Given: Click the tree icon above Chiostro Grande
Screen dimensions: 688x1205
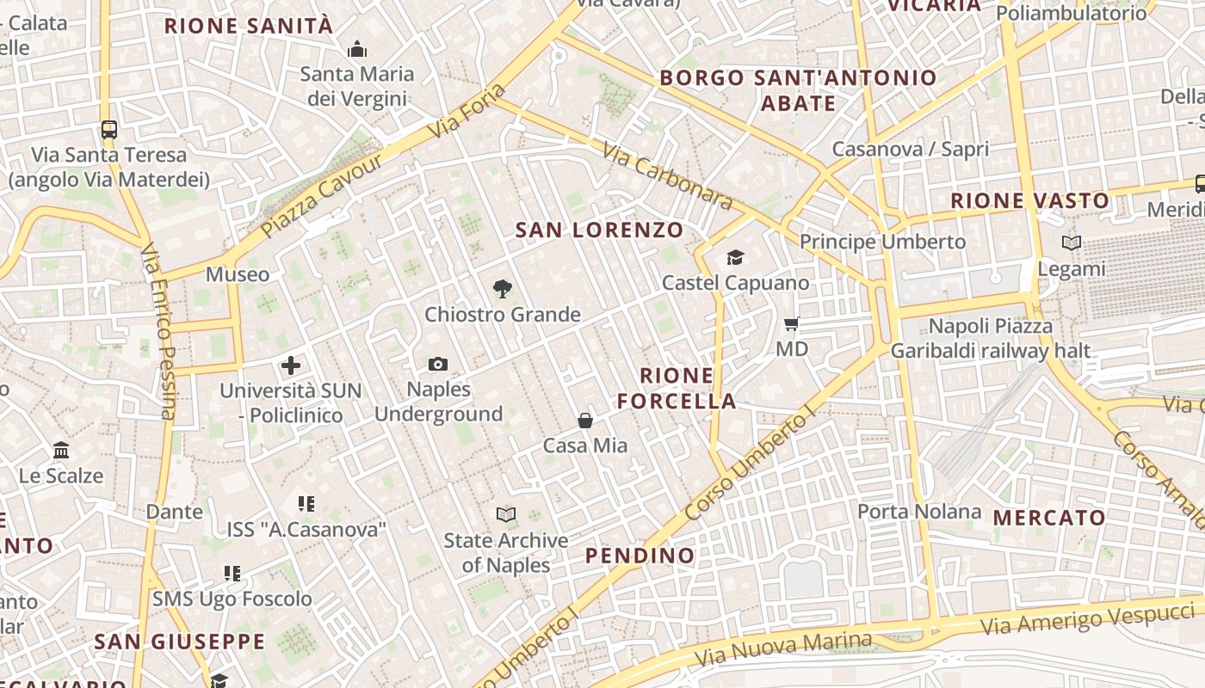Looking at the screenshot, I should pos(503,288).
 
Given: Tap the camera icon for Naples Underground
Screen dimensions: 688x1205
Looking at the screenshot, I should pos(438,364).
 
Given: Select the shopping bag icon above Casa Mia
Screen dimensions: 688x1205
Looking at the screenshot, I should pos(585,421).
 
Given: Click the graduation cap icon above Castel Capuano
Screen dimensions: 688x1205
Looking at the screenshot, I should pos(735,257).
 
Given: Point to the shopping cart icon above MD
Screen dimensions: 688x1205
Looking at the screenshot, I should pos(792,324).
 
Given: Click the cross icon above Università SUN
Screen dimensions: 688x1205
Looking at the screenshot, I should pos(291,365).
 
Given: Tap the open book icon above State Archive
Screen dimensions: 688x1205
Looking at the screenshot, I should pos(506,515).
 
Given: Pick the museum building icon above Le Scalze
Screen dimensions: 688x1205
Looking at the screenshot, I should pos(61,450).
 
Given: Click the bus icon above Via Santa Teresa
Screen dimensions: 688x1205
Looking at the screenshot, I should pos(109,130).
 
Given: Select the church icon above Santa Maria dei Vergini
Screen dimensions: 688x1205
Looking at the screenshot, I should pos(357,49).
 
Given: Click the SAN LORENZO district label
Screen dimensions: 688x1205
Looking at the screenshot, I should pos(599,230).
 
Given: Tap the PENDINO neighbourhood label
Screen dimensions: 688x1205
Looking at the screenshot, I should pos(640,556).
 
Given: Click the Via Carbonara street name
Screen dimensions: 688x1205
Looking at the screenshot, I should pos(667,176).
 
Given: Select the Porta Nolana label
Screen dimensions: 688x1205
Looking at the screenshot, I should pos(919,512).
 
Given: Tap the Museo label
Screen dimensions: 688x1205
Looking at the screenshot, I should pos(238,274).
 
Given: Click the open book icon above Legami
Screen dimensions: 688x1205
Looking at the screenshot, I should pos(1072,243).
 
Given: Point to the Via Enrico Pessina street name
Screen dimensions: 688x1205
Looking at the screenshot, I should pos(159,331).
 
